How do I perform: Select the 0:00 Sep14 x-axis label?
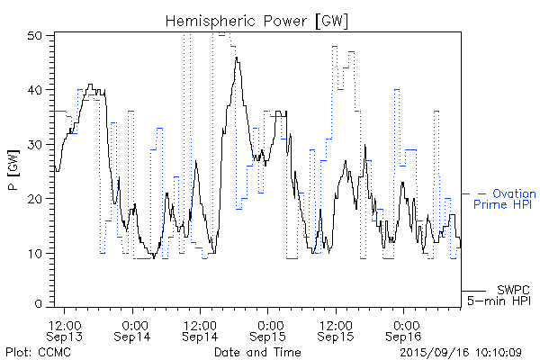pyautogui.click(x=134, y=328)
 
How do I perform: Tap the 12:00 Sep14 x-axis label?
pyautogui.click(x=200, y=328)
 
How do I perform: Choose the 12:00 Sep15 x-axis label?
pyautogui.click(x=336, y=328)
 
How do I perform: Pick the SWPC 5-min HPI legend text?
pyautogui.click(x=500, y=293)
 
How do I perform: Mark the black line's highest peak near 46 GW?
pyautogui.click(x=237, y=58)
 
